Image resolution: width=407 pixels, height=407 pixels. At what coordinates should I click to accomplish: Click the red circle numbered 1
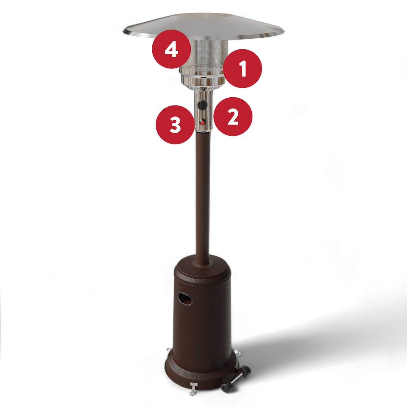(242, 69)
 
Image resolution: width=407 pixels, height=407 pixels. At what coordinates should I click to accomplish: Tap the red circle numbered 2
(233, 116)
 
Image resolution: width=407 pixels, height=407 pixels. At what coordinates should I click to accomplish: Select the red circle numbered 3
(175, 125)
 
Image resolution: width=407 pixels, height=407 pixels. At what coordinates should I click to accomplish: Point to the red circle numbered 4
(171, 49)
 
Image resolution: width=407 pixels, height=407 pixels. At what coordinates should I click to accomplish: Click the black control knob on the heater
(202, 105)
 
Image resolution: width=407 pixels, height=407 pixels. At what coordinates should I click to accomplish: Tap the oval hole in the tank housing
(185, 298)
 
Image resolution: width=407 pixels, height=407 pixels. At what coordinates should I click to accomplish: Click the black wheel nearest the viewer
(227, 387)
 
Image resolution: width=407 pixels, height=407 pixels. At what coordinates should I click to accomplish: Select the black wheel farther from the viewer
(245, 372)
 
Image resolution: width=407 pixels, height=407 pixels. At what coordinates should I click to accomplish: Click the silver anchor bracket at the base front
(193, 389)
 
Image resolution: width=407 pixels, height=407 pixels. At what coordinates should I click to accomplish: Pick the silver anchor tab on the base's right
(238, 353)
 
